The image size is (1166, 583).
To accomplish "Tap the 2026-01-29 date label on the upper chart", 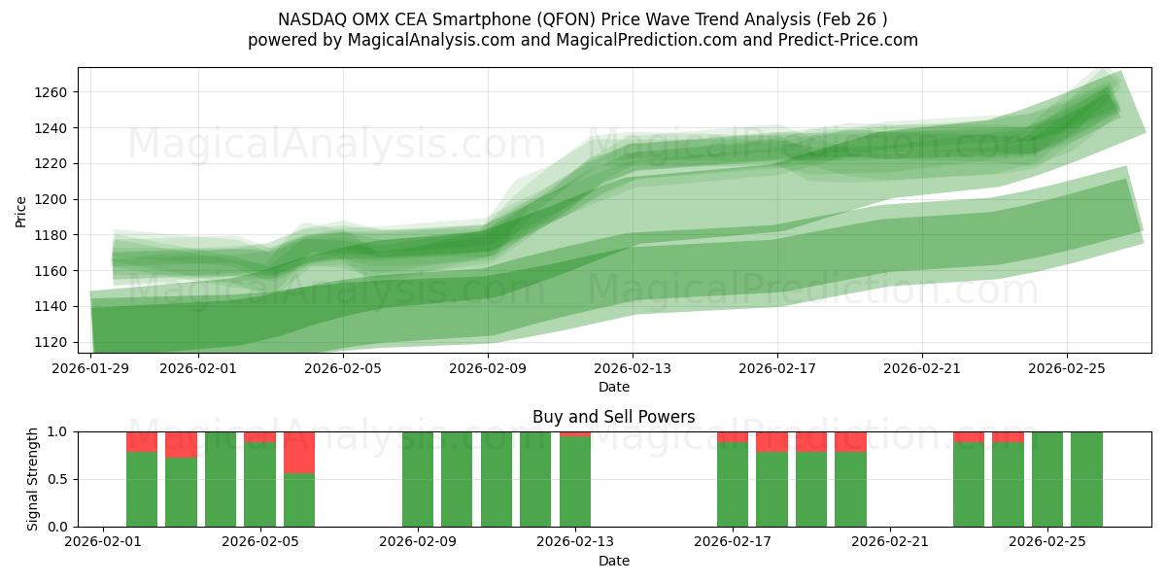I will (x=91, y=368).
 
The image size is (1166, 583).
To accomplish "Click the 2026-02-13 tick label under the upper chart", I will (x=633, y=368).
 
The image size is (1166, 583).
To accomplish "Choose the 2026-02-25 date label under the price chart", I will (x=1067, y=368).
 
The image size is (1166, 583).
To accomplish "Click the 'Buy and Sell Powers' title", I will (x=613, y=417).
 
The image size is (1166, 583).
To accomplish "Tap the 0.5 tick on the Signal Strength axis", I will (x=56, y=479).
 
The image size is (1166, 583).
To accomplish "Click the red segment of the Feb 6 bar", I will (x=299, y=452).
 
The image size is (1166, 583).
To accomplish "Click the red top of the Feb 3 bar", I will (x=181, y=444).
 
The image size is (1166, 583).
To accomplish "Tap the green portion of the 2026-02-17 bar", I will (x=733, y=485).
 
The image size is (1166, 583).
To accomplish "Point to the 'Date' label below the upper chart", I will (x=613, y=387).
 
